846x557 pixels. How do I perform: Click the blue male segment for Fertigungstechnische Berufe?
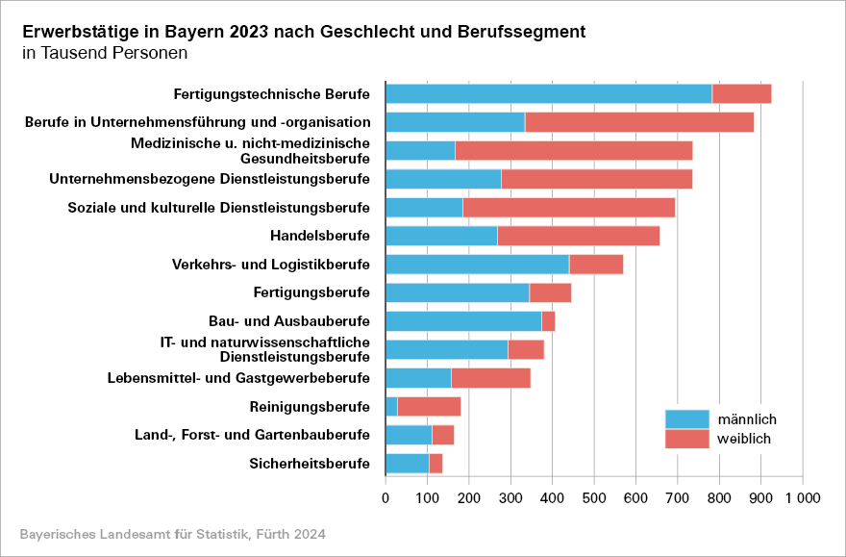(x=548, y=93)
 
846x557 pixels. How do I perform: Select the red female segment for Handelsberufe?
(x=579, y=236)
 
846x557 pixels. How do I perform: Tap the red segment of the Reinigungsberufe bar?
(x=429, y=406)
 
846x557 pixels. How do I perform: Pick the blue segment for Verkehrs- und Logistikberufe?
(x=477, y=265)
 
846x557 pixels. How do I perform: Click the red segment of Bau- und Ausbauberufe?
(x=548, y=321)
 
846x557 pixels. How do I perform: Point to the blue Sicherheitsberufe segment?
(x=407, y=464)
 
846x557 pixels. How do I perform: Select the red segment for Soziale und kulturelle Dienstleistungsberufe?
(x=568, y=208)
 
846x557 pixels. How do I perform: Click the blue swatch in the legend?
(x=686, y=419)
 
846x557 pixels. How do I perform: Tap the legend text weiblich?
(x=744, y=440)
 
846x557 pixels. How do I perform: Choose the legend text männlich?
(x=746, y=419)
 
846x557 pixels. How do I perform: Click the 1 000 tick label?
(x=802, y=497)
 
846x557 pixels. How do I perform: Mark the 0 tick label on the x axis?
(x=386, y=497)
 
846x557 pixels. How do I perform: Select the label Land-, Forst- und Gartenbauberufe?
(x=252, y=435)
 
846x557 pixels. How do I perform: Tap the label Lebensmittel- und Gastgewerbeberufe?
(x=238, y=377)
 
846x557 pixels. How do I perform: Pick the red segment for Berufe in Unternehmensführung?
(x=639, y=122)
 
